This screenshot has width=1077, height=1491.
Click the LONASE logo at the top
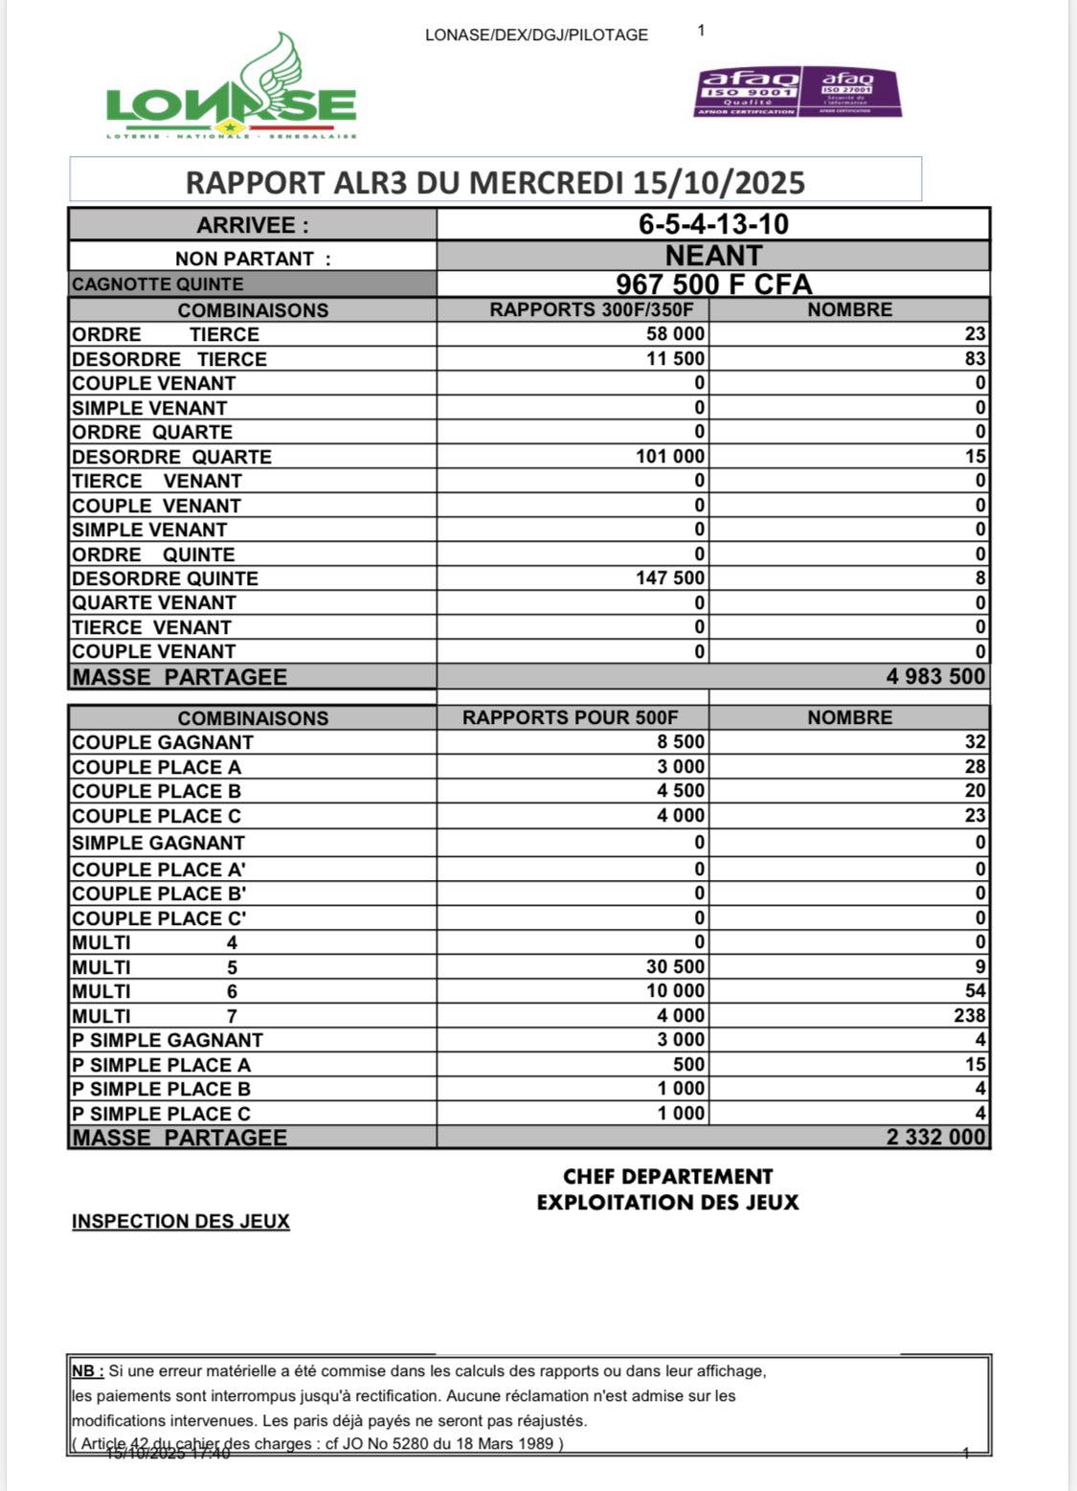231,92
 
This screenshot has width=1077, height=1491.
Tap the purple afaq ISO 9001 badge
748,92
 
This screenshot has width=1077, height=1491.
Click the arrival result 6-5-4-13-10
713,224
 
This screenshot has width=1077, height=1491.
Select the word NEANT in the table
713,256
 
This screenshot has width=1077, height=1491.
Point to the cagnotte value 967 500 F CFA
713,284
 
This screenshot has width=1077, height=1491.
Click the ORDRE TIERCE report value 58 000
676,334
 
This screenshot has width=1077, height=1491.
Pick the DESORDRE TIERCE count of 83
976,359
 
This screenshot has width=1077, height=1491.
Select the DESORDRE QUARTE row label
171,457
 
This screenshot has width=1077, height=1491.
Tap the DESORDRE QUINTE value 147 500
670,578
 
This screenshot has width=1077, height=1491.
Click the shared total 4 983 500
935,677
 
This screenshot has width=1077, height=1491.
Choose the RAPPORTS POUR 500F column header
571,718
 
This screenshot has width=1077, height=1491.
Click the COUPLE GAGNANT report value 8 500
682,742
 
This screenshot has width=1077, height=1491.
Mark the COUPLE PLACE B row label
156,791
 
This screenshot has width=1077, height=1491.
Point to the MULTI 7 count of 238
970,1015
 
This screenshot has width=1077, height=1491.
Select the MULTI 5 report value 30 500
676,967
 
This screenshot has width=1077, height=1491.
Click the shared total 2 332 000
935,1138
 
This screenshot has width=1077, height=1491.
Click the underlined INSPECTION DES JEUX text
180,1221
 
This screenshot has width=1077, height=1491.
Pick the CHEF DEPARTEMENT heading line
667,1177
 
